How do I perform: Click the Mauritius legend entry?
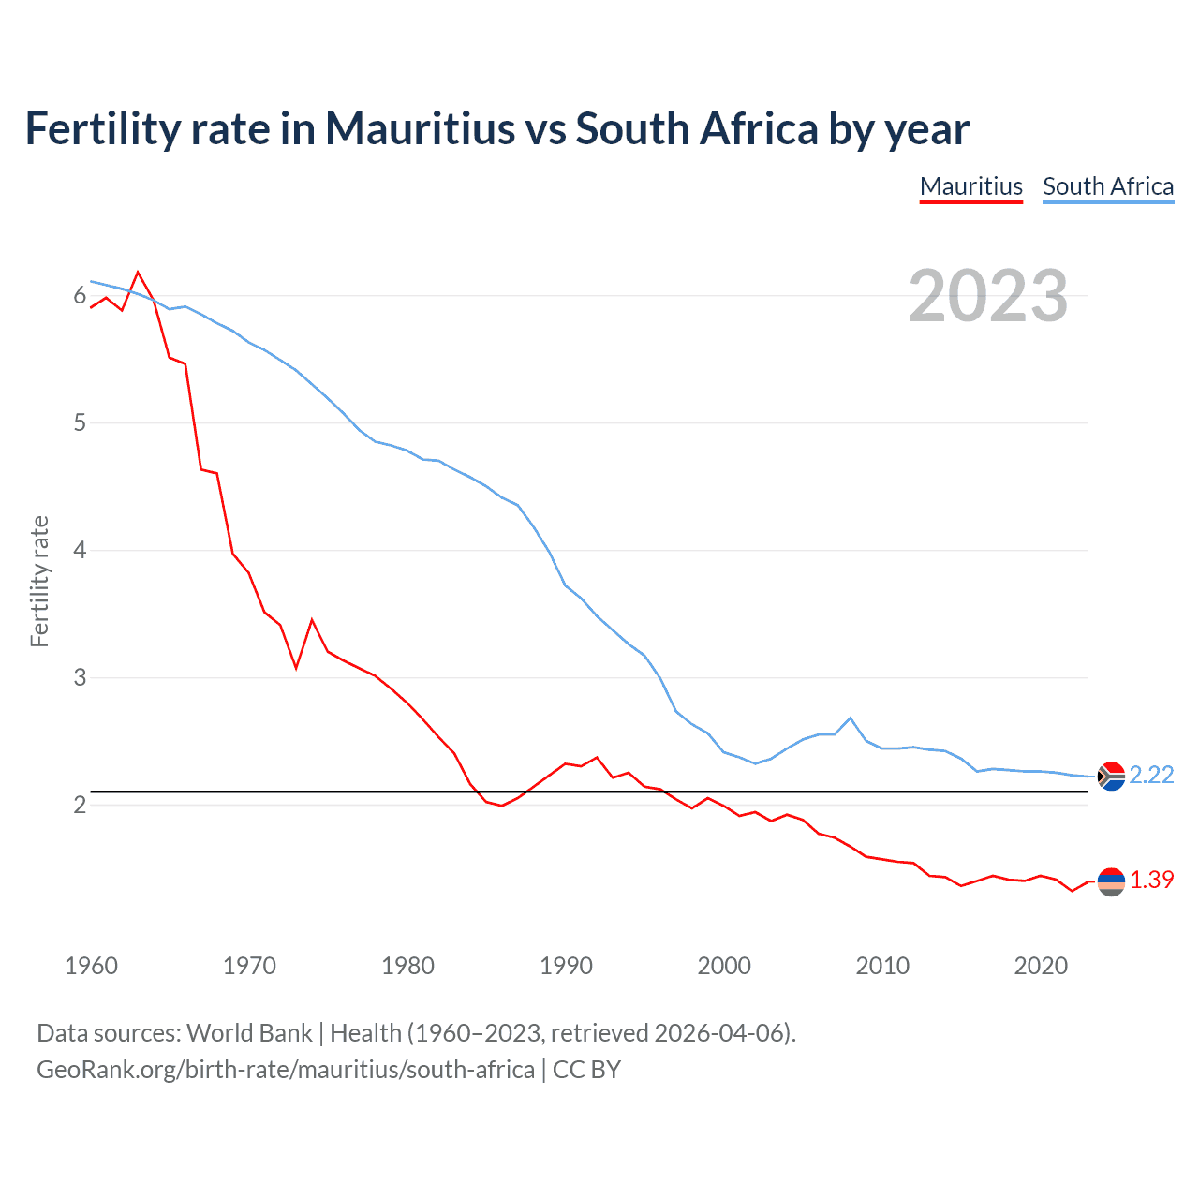pyautogui.click(x=971, y=186)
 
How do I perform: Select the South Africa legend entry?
pyautogui.click(x=1108, y=186)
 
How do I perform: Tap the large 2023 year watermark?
pyautogui.click(x=988, y=296)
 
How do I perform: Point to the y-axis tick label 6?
pyautogui.click(x=80, y=296)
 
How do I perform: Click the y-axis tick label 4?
pyautogui.click(x=80, y=550)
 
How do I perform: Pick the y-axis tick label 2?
pyautogui.click(x=80, y=805)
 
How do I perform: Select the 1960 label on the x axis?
pyautogui.click(x=91, y=966)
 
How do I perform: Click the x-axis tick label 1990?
pyautogui.click(x=566, y=966)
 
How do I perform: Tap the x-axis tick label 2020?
pyautogui.click(x=1041, y=966)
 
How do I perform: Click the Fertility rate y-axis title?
pyautogui.click(x=39, y=581)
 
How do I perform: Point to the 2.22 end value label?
pyautogui.click(x=1151, y=775)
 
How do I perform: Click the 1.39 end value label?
pyautogui.click(x=1151, y=880)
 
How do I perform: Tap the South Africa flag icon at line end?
pyautogui.click(x=1111, y=776)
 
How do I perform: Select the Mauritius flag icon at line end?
pyautogui.click(x=1111, y=881)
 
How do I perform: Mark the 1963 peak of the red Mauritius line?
pyautogui.click(x=139, y=273)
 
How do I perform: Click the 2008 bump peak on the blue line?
pyautogui.click(x=851, y=718)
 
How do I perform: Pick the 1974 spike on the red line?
pyautogui.click(x=312, y=619)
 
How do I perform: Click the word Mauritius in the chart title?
pyautogui.click(x=420, y=128)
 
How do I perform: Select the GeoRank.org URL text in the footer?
pyautogui.click(x=286, y=1070)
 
